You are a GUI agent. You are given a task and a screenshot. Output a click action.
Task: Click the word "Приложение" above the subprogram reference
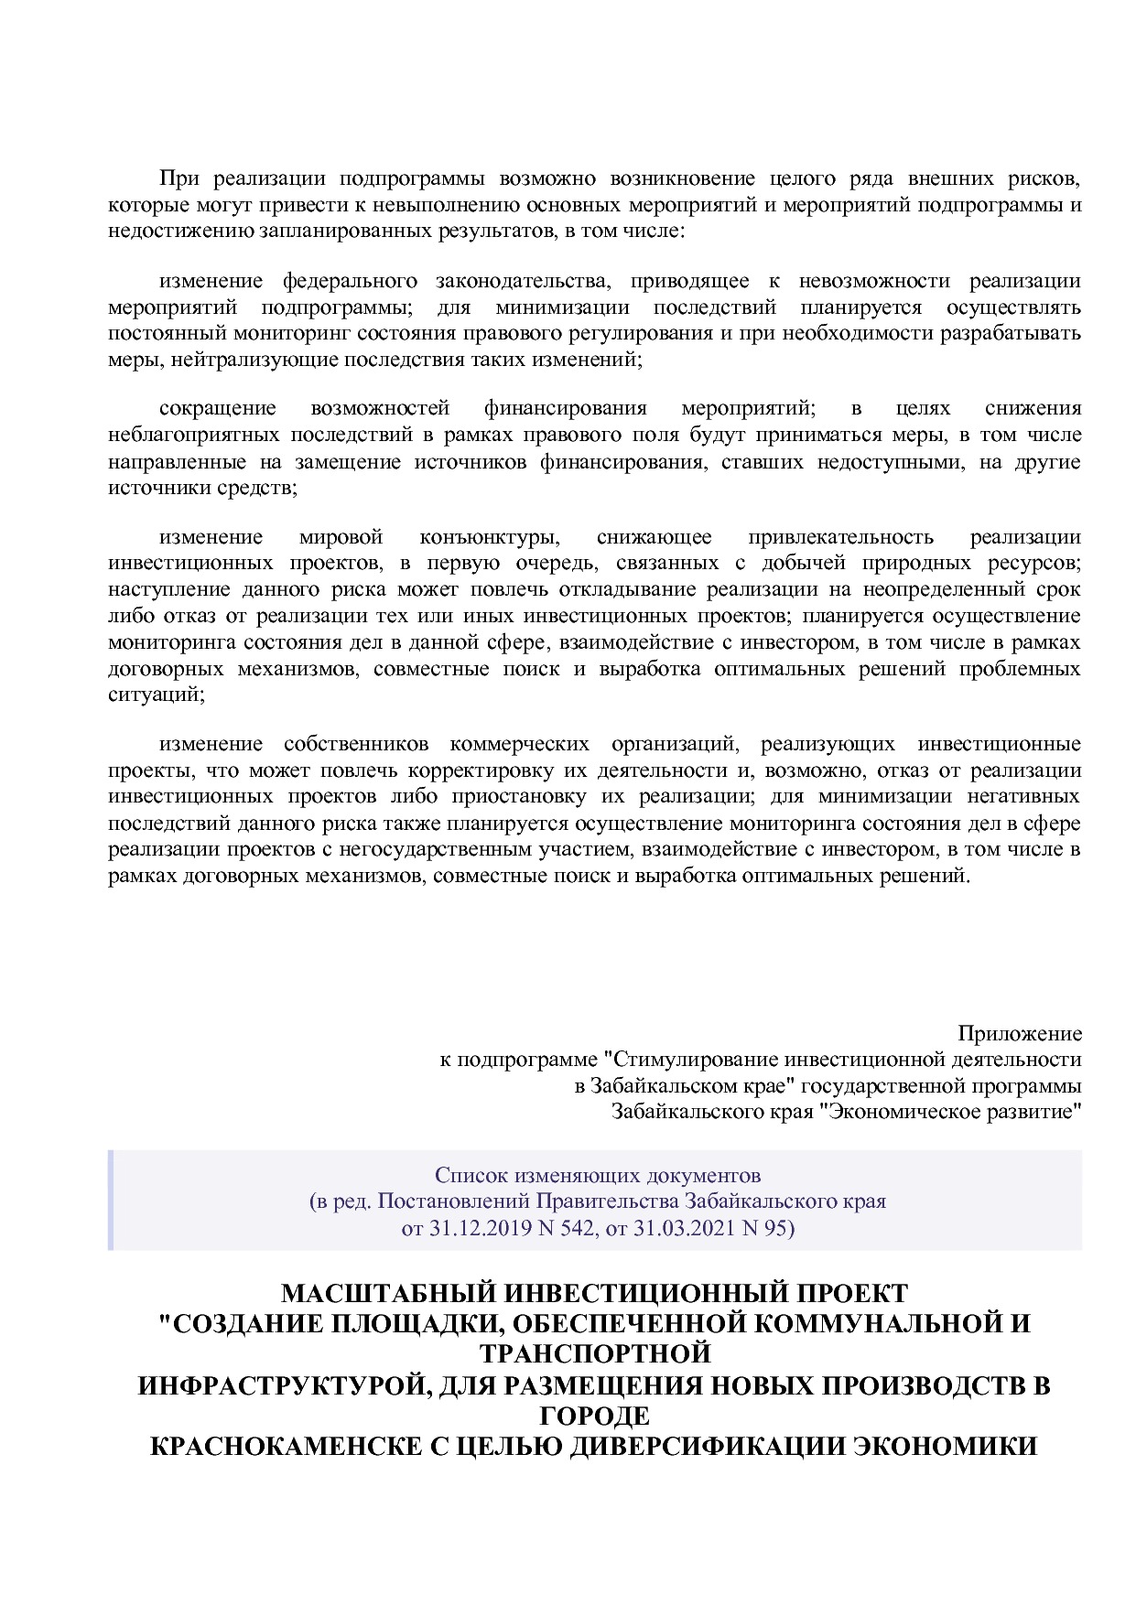(x=1019, y=1034)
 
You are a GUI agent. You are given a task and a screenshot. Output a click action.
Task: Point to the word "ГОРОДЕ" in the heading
(x=595, y=1416)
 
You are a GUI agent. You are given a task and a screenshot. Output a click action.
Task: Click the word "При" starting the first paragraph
(x=173, y=178)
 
